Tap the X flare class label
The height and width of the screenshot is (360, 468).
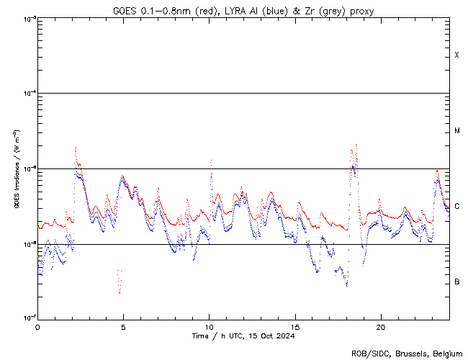coord(457,55)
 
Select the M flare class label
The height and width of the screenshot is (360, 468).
coord(457,131)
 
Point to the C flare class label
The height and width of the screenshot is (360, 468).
coord(457,207)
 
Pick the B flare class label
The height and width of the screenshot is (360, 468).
coord(457,282)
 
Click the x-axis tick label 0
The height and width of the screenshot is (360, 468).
coord(37,327)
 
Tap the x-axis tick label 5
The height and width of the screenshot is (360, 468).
coord(123,327)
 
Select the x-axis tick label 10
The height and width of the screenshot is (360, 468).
coord(209,327)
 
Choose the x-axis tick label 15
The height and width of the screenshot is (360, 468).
coord(294,327)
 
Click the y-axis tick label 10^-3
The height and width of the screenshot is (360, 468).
coord(26,19)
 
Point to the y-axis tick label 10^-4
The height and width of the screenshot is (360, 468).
coord(26,94)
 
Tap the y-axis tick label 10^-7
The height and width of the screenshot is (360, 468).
coord(26,318)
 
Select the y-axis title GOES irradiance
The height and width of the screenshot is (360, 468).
coord(15,168)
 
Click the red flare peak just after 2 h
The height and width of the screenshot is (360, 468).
coord(76,148)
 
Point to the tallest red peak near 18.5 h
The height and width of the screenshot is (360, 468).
coord(356,145)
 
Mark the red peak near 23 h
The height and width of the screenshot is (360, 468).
coord(436,171)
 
